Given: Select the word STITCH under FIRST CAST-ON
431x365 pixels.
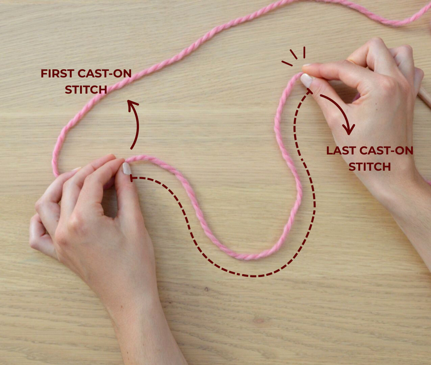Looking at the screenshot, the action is click(x=86, y=90).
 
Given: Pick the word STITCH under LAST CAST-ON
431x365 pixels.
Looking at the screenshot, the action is click(x=369, y=167).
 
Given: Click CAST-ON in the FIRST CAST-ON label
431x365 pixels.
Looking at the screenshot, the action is click(x=104, y=73).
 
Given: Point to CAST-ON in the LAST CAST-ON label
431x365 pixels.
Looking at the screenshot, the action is click(x=386, y=150).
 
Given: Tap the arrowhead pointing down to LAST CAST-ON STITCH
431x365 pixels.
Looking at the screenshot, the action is click(x=349, y=130).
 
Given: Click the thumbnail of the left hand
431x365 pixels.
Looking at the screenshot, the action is click(x=126, y=168).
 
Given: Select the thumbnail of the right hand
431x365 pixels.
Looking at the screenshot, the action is click(x=306, y=80).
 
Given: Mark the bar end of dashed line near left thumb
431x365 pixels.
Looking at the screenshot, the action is click(x=131, y=178).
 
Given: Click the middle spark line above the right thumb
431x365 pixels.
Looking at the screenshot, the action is click(x=293, y=54).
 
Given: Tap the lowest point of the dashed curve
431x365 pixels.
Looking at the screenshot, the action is click(x=253, y=276).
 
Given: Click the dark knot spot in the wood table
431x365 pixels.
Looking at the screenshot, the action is click(x=207, y=289).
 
